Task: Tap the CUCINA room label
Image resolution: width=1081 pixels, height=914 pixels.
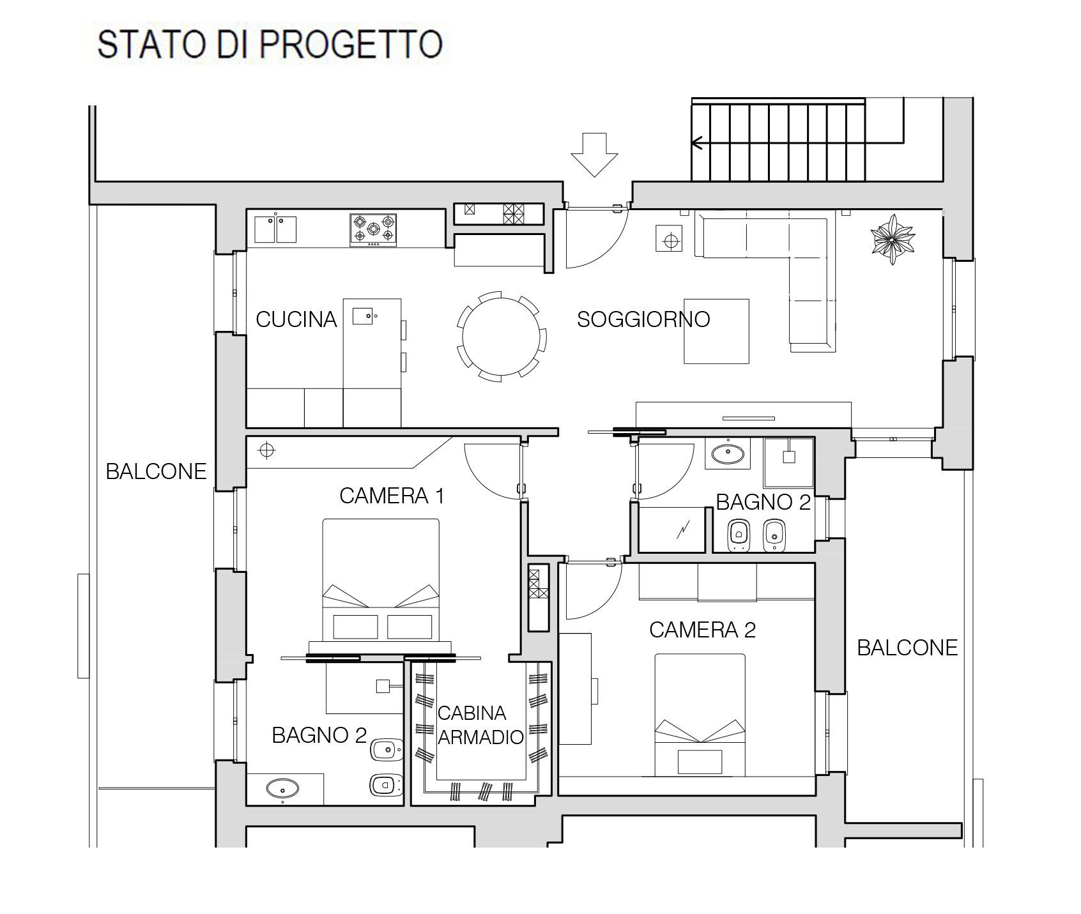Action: tap(296, 319)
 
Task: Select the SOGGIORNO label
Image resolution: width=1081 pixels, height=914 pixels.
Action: tap(643, 319)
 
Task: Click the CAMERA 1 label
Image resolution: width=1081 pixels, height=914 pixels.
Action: tap(392, 496)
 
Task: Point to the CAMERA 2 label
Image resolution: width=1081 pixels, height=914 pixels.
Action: tap(702, 630)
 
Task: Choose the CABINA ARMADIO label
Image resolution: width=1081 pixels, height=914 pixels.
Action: tap(480, 725)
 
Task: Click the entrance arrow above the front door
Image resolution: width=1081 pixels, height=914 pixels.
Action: tap(594, 154)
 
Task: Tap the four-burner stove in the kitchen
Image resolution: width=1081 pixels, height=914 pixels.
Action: tap(373, 230)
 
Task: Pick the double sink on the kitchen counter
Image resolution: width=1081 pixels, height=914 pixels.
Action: tap(276, 229)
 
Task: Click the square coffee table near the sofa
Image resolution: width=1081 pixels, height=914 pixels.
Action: tap(716, 331)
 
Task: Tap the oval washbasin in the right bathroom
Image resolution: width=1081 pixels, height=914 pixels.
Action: tap(728, 454)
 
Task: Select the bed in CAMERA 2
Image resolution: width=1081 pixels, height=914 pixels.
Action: tap(700, 715)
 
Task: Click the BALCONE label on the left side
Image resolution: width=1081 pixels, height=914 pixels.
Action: tap(156, 471)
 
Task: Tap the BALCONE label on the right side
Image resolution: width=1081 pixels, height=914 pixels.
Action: tap(907, 648)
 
